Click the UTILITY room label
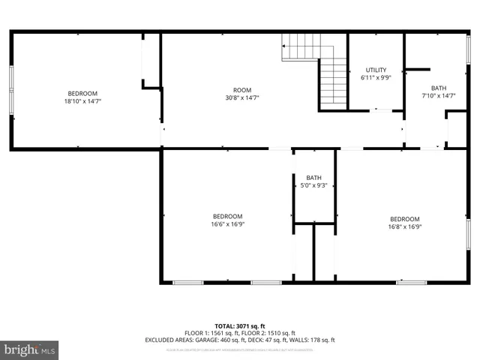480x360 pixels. tap(376, 70)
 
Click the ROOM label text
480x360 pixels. tap(242, 90)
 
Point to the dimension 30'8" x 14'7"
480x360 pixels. tap(242, 98)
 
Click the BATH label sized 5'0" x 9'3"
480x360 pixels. tap(313, 178)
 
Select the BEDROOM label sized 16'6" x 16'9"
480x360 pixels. tap(227, 216)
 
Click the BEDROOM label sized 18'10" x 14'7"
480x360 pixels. tap(82, 93)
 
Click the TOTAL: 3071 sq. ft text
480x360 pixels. tap(240, 325)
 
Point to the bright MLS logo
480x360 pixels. tap(29, 349)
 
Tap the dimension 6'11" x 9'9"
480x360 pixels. tap(376, 77)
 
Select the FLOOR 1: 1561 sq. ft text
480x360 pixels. tap(211, 333)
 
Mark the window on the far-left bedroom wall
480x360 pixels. tap(10, 91)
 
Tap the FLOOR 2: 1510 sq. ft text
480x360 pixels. tap(268, 333)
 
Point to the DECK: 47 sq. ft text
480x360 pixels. tap(268, 340)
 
